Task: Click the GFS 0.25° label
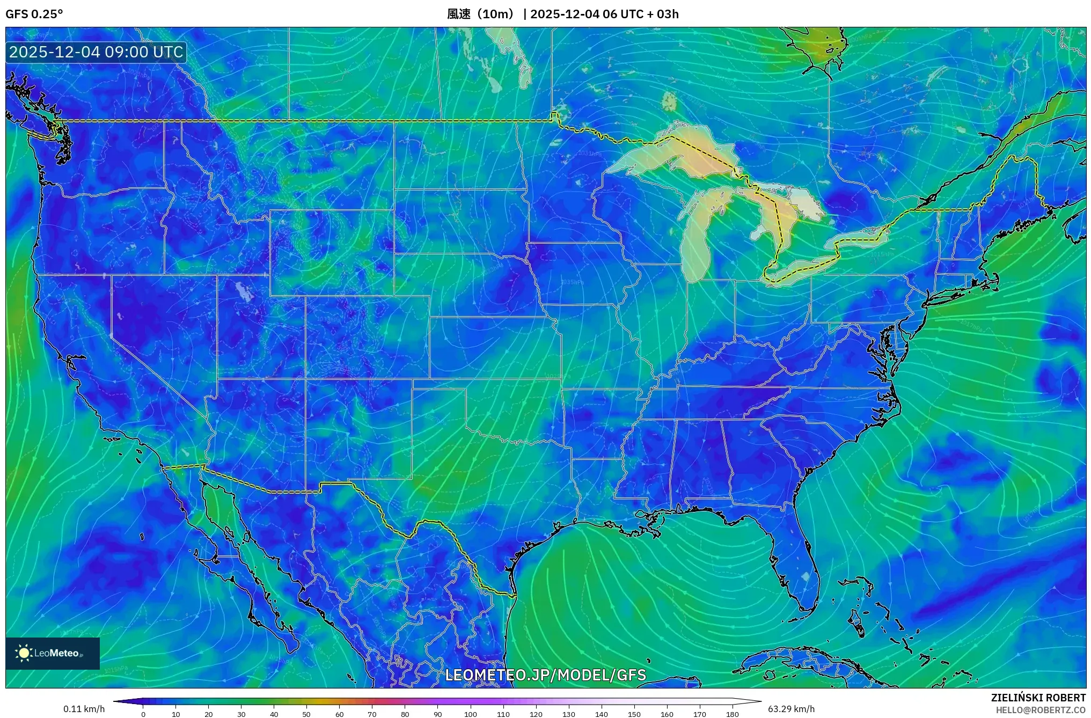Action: point(34,14)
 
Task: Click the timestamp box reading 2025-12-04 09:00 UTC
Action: point(96,52)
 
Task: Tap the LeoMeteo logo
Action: point(52,653)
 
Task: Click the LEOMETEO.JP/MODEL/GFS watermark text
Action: point(545,675)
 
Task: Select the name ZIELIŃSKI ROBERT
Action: point(1038,698)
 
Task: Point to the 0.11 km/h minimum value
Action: point(84,709)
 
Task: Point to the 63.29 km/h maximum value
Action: point(791,709)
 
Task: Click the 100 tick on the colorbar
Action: point(470,714)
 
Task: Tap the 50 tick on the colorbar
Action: point(306,714)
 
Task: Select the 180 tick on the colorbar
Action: point(733,714)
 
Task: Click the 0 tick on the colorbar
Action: point(143,714)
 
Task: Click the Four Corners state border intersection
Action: point(306,379)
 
